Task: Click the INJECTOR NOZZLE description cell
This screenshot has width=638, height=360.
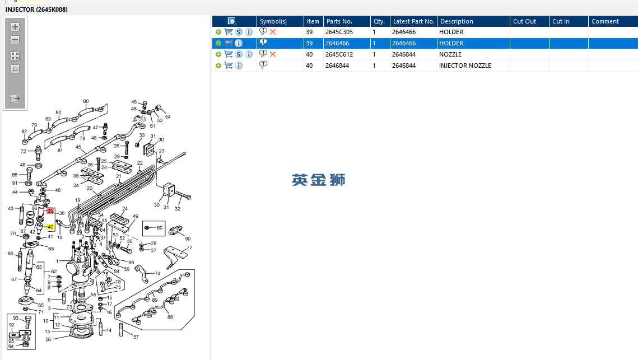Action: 465,66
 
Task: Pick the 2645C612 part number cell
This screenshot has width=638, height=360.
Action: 339,54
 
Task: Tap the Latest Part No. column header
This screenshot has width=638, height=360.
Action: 413,21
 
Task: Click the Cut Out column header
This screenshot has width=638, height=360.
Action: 524,21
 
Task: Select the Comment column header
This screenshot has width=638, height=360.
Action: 605,21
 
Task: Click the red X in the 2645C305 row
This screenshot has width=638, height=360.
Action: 273,32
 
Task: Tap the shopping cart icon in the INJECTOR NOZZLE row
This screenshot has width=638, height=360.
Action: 229,66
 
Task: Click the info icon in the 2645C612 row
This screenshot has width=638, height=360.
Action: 249,54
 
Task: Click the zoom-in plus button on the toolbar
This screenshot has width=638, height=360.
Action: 15,26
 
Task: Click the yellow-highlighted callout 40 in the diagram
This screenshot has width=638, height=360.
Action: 50,227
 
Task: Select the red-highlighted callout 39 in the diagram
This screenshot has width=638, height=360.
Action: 50,211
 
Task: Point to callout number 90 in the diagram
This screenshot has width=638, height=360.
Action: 188,239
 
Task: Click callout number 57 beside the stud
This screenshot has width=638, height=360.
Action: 136,336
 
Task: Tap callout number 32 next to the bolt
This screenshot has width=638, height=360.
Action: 178,209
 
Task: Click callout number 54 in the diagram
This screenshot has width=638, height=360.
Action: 167,117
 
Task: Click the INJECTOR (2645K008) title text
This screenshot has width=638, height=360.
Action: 36,10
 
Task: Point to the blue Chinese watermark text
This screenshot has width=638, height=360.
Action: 318,180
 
